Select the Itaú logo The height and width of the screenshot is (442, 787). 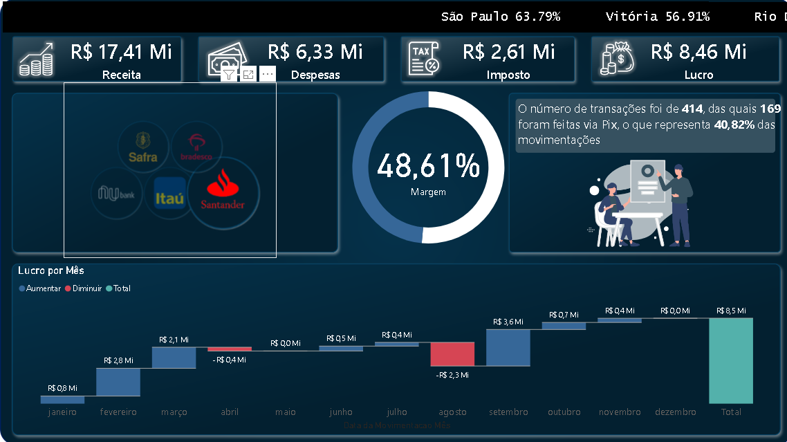(x=169, y=194)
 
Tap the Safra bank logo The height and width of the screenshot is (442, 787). (x=143, y=147)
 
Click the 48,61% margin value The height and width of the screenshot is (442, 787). (x=428, y=167)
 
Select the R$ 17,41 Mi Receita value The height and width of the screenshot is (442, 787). (x=121, y=51)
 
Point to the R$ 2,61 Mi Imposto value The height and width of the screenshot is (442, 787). (x=508, y=51)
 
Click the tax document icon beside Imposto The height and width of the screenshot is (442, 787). (x=423, y=59)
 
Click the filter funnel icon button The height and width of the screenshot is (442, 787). (x=229, y=74)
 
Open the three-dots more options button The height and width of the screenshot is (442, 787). (x=268, y=74)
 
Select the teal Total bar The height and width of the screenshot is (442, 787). (x=730, y=360)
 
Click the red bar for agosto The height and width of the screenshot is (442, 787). (x=452, y=354)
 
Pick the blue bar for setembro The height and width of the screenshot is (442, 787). (x=508, y=347)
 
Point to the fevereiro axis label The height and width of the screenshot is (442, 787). (x=118, y=412)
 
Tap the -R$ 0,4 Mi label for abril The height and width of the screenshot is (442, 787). (x=229, y=360)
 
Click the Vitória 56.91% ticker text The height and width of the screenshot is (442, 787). (x=658, y=17)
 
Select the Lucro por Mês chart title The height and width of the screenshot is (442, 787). (x=51, y=270)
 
